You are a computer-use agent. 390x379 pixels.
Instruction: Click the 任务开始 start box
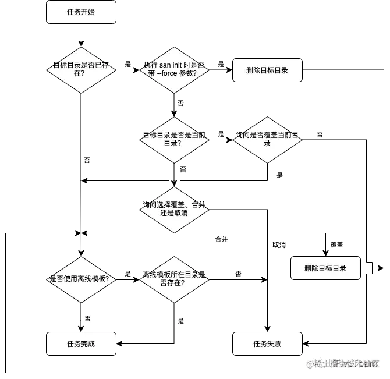(81, 12)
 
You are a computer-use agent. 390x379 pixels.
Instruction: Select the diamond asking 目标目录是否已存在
(81, 69)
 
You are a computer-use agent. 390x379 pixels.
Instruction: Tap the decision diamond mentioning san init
(174, 69)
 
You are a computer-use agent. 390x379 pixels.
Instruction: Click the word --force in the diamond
(166, 73)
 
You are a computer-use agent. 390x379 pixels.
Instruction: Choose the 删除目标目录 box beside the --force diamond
(267, 70)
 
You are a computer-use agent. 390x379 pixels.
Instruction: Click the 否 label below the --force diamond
(181, 102)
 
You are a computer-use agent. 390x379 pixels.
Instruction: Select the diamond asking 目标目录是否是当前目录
(174, 139)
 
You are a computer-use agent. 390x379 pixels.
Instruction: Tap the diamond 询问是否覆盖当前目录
(267, 139)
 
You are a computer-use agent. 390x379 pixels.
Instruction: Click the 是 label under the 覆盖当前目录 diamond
(279, 175)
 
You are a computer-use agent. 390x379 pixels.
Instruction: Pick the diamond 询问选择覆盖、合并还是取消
(174, 210)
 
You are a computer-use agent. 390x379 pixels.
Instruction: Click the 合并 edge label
(221, 239)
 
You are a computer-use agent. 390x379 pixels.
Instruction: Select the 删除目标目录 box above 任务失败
(325, 268)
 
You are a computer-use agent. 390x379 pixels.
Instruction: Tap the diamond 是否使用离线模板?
(81, 279)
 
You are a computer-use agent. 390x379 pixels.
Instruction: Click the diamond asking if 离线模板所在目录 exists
(174, 279)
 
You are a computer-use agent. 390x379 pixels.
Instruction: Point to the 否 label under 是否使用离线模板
(88, 318)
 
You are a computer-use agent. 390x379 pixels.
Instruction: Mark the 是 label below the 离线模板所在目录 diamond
(181, 321)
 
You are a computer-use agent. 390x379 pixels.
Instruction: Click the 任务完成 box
(81, 343)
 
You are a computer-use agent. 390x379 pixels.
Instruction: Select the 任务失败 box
(267, 343)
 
